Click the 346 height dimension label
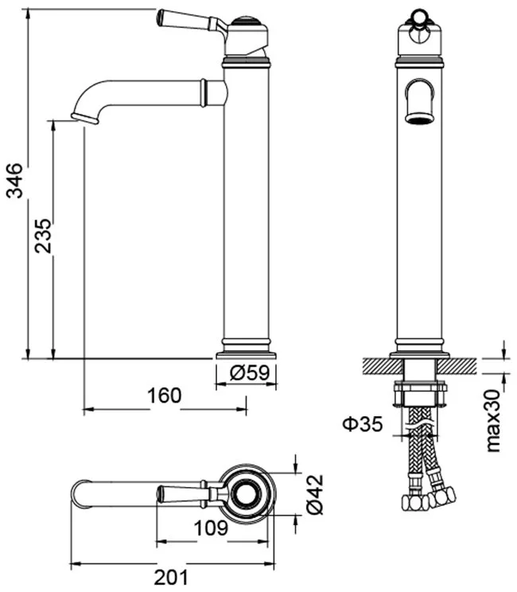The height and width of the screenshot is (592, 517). [15, 181]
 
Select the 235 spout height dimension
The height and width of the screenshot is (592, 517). [43, 236]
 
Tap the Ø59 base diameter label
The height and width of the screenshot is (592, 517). [250, 373]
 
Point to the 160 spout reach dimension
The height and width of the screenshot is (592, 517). [164, 395]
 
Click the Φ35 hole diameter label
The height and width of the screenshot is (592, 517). [363, 423]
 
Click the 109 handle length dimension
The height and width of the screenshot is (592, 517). [211, 528]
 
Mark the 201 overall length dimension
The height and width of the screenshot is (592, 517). [171, 577]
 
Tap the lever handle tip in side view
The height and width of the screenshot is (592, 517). [160, 18]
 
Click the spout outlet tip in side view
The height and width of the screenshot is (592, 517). [85, 119]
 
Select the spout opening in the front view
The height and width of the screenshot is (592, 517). [419, 119]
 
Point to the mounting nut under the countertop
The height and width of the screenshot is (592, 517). [420, 394]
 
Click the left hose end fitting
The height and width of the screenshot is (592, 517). [414, 503]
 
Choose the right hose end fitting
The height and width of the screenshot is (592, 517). [442, 496]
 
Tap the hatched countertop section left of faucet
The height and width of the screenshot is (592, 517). [382, 366]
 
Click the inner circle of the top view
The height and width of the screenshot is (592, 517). [246, 494]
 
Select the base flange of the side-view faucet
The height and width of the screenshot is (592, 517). [246, 356]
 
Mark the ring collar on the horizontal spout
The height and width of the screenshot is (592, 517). [204, 92]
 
